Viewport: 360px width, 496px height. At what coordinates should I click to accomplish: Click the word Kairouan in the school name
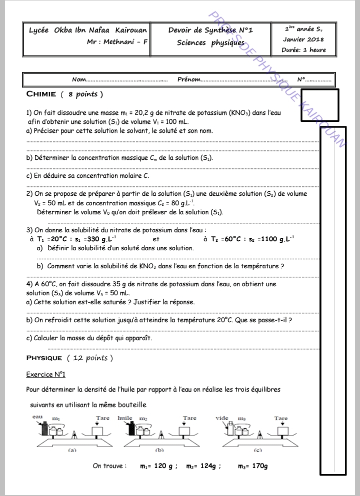click(131, 30)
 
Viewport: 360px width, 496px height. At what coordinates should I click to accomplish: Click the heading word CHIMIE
click(41, 94)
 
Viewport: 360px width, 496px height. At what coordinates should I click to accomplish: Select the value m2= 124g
click(201, 466)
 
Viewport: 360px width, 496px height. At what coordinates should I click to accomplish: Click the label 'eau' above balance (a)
click(37, 417)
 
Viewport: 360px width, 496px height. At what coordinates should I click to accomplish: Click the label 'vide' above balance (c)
click(222, 418)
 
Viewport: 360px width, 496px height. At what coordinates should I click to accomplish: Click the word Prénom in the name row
click(189, 79)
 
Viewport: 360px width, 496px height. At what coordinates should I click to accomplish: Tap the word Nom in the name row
click(79, 79)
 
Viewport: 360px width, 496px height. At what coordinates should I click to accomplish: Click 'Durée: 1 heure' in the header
click(304, 49)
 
